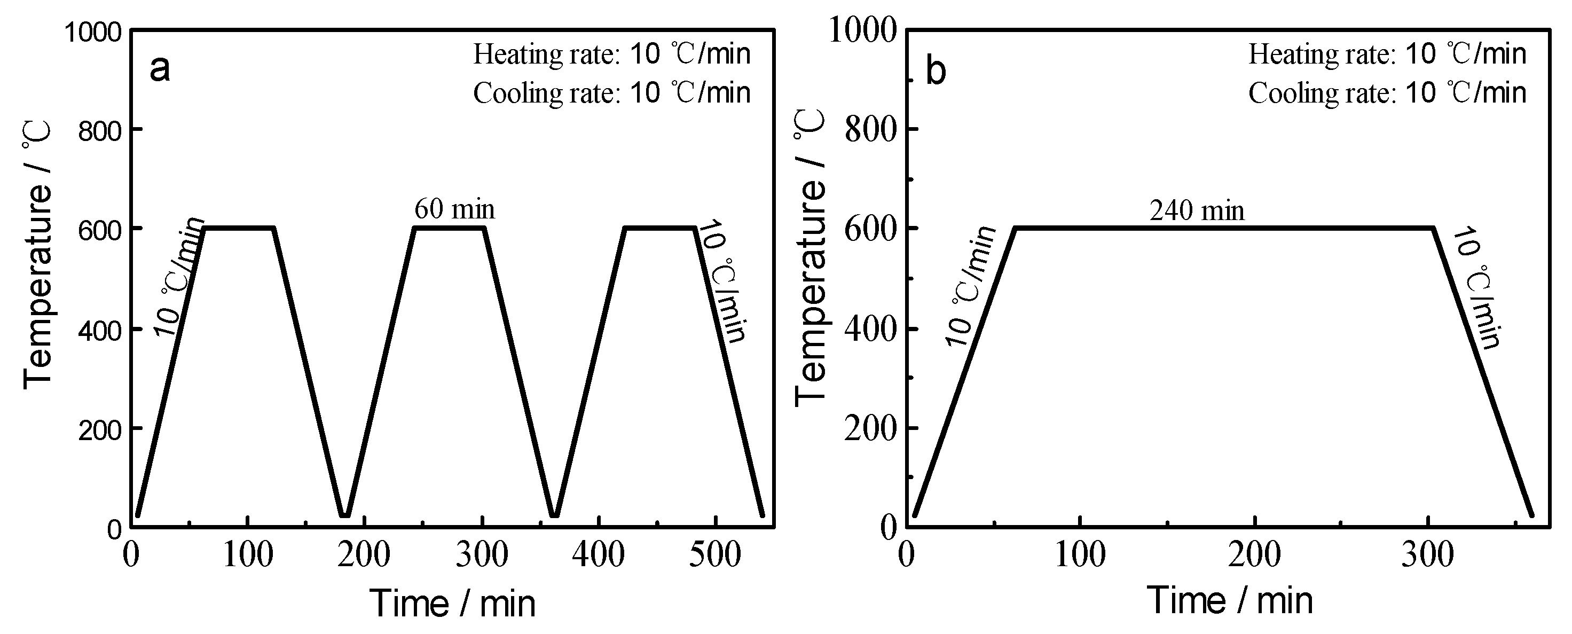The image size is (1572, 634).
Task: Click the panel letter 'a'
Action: (160, 69)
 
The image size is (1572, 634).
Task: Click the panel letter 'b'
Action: (936, 71)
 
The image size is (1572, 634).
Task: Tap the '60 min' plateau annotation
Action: (454, 209)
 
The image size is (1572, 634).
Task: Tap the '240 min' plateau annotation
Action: (1197, 211)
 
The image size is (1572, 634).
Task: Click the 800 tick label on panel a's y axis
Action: (100, 130)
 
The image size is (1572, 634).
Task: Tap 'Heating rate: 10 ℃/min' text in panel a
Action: (611, 54)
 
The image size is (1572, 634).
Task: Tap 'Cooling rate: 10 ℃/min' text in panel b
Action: (1387, 93)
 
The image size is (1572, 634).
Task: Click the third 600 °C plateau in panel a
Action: (659, 228)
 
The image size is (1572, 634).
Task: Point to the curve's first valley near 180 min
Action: (345, 514)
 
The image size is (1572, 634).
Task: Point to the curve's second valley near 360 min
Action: (554, 514)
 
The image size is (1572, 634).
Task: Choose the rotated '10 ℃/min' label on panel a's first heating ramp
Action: (178, 276)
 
